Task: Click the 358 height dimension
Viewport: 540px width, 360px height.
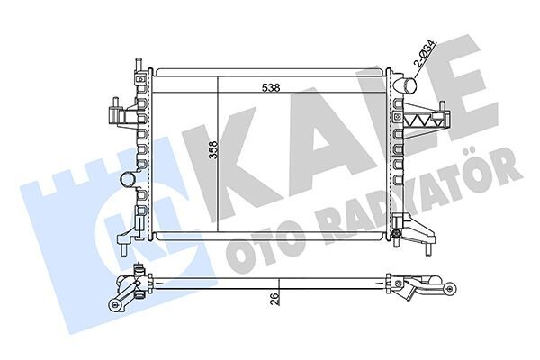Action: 213,150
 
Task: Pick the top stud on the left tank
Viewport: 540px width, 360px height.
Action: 139,66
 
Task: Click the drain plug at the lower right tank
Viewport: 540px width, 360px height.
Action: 396,238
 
